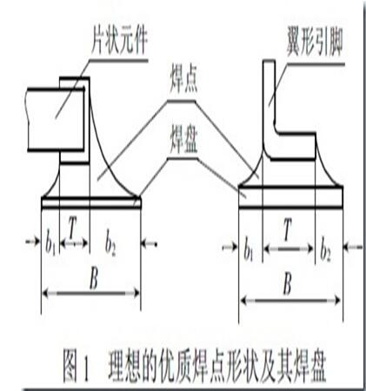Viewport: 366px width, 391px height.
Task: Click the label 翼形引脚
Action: coord(315,45)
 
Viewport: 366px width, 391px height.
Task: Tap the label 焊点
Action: coord(183,82)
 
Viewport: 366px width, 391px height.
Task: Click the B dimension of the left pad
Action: coord(94,280)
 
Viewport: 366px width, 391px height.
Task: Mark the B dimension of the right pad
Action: coord(288,284)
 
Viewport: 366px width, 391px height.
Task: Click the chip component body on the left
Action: coord(57,119)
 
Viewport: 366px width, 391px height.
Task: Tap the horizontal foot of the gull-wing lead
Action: coord(293,146)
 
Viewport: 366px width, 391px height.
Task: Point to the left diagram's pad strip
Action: coord(91,202)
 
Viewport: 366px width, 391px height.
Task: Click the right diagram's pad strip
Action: coord(290,197)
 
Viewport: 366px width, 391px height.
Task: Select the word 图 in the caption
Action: coord(71,366)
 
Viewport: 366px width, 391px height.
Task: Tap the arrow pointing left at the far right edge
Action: coord(353,248)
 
